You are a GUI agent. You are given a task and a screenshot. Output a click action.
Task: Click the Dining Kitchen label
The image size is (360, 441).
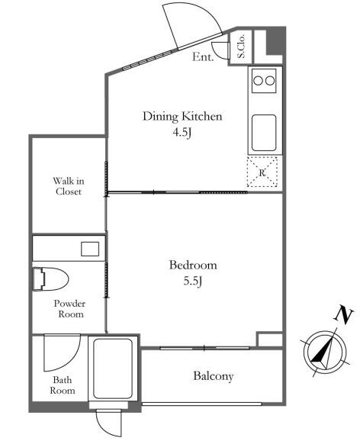[182, 117]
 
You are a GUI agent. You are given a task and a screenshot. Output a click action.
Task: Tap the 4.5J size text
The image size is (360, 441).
[182, 132]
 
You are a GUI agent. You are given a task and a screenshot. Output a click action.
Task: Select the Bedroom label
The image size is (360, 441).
[193, 266]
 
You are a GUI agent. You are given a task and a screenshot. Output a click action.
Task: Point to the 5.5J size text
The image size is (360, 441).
[193, 281]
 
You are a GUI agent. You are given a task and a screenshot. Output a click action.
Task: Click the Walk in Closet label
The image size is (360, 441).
[69, 186]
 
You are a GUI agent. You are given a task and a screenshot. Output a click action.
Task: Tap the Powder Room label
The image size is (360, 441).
[69, 309]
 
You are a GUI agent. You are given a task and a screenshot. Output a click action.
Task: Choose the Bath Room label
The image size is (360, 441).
[63, 385]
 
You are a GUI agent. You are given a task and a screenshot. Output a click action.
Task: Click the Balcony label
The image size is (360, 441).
[214, 376]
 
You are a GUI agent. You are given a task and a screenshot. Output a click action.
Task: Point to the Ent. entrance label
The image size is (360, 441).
[203, 57]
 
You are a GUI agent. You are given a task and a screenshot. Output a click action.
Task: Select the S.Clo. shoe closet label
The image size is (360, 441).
[241, 47]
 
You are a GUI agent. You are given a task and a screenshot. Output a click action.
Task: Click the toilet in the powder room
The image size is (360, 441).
[50, 279]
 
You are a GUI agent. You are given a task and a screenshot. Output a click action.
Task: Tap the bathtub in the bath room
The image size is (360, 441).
[113, 369]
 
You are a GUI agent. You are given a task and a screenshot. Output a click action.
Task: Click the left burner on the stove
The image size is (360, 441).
[258, 81]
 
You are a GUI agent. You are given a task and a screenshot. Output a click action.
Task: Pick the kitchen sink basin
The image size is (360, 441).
[264, 133]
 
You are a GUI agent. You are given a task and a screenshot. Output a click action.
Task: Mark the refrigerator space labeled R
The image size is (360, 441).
[262, 172]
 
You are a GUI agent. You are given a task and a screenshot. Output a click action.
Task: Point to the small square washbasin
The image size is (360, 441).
[90, 249]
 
